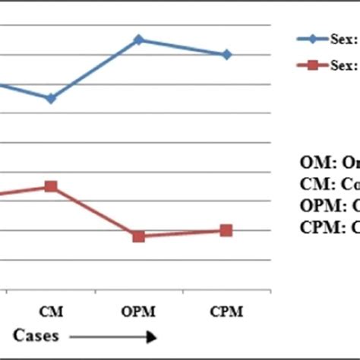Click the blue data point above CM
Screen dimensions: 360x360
click(50, 99)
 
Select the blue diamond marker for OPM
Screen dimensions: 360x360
click(138, 39)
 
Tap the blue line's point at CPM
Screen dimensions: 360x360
click(226, 55)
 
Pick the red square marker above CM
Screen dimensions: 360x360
click(50, 186)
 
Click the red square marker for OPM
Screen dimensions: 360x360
click(138, 236)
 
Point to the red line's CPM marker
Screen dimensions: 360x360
click(226, 230)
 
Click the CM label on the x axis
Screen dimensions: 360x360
click(50, 311)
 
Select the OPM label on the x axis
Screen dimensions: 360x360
click(138, 311)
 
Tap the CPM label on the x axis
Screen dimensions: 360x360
click(226, 311)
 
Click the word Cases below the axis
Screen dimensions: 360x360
click(35, 335)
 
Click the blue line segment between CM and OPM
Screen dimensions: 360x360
click(94, 69)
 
